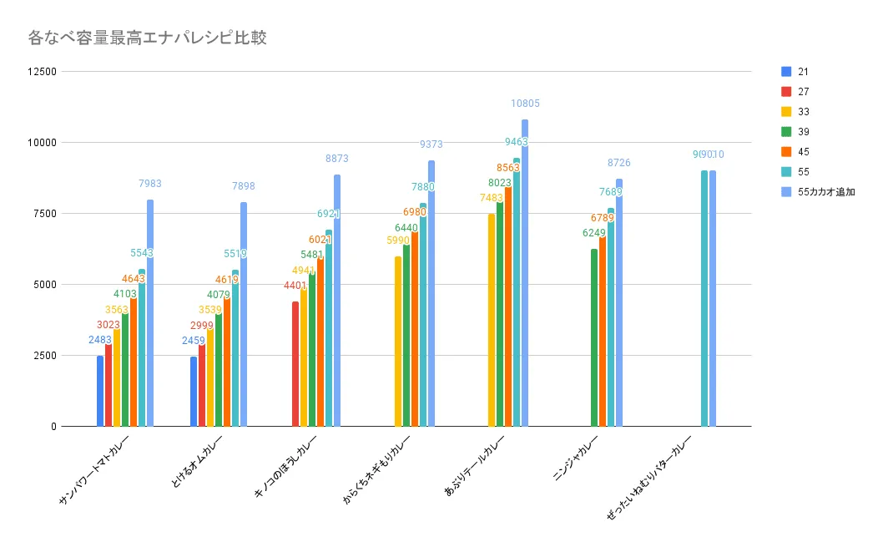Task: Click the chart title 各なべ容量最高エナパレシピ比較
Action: click(147, 38)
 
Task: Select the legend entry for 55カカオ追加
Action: click(825, 192)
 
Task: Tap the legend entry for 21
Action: click(802, 72)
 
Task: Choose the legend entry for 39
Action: click(802, 132)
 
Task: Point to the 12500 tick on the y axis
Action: click(41, 72)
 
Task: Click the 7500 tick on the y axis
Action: click(44, 214)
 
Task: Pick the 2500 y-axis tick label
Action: click(44, 356)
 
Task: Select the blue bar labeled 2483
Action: click(100, 391)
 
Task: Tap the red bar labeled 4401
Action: click(295, 364)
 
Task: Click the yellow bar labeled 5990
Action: click(398, 342)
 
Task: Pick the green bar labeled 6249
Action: click(594, 337)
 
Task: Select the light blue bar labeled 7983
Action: click(150, 313)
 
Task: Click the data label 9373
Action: click(431, 144)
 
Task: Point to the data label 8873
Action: click(337, 158)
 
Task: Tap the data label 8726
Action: click(618, 162)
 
